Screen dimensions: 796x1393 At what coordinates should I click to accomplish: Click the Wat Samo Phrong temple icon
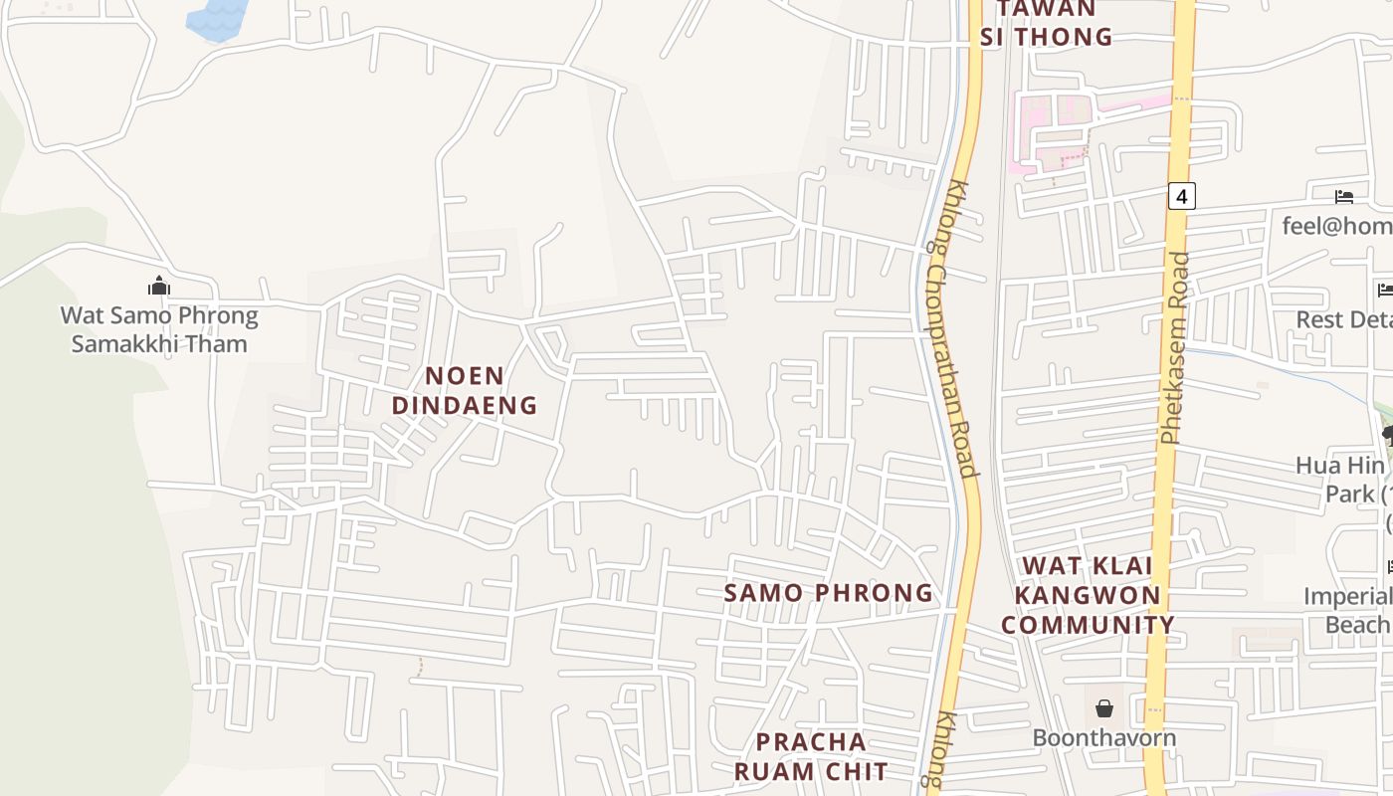pyautogui.click(x=159, y=287)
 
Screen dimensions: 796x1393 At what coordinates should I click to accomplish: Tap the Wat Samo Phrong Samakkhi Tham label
pyautogui.click(x=159, y=330)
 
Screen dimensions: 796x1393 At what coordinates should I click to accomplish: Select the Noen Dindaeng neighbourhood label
pyautogui.click(x=464, y=391)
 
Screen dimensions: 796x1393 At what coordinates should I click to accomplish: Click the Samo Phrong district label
pyautogui.click(x=828, y=593)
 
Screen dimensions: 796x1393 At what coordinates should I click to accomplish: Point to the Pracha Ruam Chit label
pyautogui.click(x=811, y=756)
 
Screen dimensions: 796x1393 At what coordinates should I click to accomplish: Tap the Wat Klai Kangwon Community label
pyautogui.click(x=1088, y=595)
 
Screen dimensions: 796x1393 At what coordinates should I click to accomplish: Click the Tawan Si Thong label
pyautogui.click(x=1046, y=24)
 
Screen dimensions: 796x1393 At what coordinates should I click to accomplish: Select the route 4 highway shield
pyautogui.click(x=1181, y=196)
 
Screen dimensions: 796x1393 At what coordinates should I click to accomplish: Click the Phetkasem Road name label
pyautogui.click(x=1174, y=348)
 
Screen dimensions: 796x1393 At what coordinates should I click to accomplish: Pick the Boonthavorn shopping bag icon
pyautogui.click(x=1103, y=709)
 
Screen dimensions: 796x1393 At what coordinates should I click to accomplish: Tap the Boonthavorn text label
pyautogui.click(x=1103, y=738)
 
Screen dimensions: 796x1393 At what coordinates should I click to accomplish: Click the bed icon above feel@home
pyautogui.click(x=1344, y=197)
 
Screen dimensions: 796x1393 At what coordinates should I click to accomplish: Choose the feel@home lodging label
pyautogui.click(x=1337, y=226)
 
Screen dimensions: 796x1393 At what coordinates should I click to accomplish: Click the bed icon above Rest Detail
pyautogui.click(x=1384, y=291)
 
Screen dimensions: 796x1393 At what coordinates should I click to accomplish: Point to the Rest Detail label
pyautogui.click(x=1344, y=319)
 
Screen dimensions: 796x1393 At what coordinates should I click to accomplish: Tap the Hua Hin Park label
pyautogui.click(x=1343, y=480)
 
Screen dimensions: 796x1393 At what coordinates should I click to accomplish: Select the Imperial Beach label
pyautogui.click(x=1349, y=610)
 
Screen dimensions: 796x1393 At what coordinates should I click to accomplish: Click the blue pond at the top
pyautogui.click(x=217, y=18)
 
